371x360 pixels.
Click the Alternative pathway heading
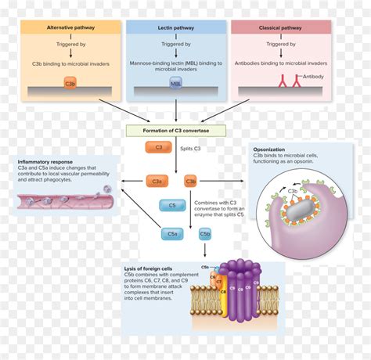click(70, 27)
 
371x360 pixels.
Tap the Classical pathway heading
click(282, 27)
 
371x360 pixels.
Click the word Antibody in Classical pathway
click(311, 77)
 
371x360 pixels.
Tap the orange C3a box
click(157, 182)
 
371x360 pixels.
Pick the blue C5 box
click(172, 207)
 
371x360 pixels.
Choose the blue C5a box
click(173, 233)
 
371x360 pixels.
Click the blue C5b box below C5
click(205, 233)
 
